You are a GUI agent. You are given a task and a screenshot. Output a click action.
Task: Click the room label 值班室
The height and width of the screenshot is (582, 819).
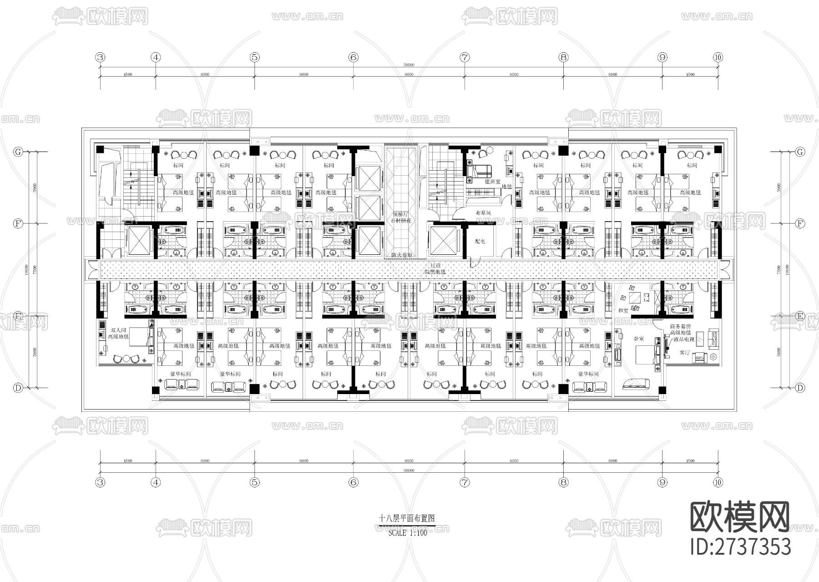(x=492, y=182)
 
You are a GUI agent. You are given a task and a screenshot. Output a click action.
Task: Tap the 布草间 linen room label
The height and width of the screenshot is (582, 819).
(x=483, y=213)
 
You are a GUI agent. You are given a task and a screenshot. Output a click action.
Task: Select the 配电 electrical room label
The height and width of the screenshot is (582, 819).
(x=480, y=241)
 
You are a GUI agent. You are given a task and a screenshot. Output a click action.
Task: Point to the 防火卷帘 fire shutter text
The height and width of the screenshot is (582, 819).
(x=402, y=255)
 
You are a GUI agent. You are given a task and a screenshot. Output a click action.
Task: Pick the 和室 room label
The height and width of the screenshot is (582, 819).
(x=623, y=310)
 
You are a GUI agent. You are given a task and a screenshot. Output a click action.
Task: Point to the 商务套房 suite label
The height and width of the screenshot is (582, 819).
(x=680, y=326)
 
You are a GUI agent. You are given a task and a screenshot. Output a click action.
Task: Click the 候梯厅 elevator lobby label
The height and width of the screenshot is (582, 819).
(x=402, y=214)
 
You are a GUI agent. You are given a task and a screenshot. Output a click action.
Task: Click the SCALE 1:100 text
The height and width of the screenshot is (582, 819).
(x=408, y=533)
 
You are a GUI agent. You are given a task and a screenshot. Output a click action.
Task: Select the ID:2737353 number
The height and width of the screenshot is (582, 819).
(x=741, y=547)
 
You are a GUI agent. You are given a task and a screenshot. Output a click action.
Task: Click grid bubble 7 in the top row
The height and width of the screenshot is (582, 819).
(x=465, y=57)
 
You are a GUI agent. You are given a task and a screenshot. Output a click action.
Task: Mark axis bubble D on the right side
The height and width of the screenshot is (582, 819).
(x=800, y=388)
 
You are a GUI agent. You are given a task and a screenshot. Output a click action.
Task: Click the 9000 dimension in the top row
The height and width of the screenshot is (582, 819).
(x=409, y=75)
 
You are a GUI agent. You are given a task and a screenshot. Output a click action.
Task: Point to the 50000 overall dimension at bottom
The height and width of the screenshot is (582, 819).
(x=409, y=471)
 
